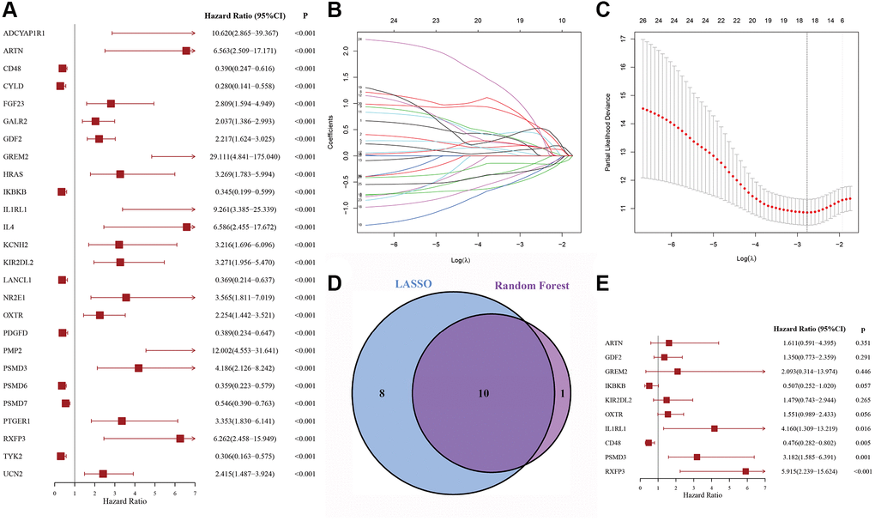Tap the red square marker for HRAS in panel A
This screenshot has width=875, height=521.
(120, 174)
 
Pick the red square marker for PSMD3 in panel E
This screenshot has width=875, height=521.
(697, 457)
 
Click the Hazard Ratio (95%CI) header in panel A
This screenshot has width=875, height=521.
(241, 15)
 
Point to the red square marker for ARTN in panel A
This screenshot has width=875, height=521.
(186, 51)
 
